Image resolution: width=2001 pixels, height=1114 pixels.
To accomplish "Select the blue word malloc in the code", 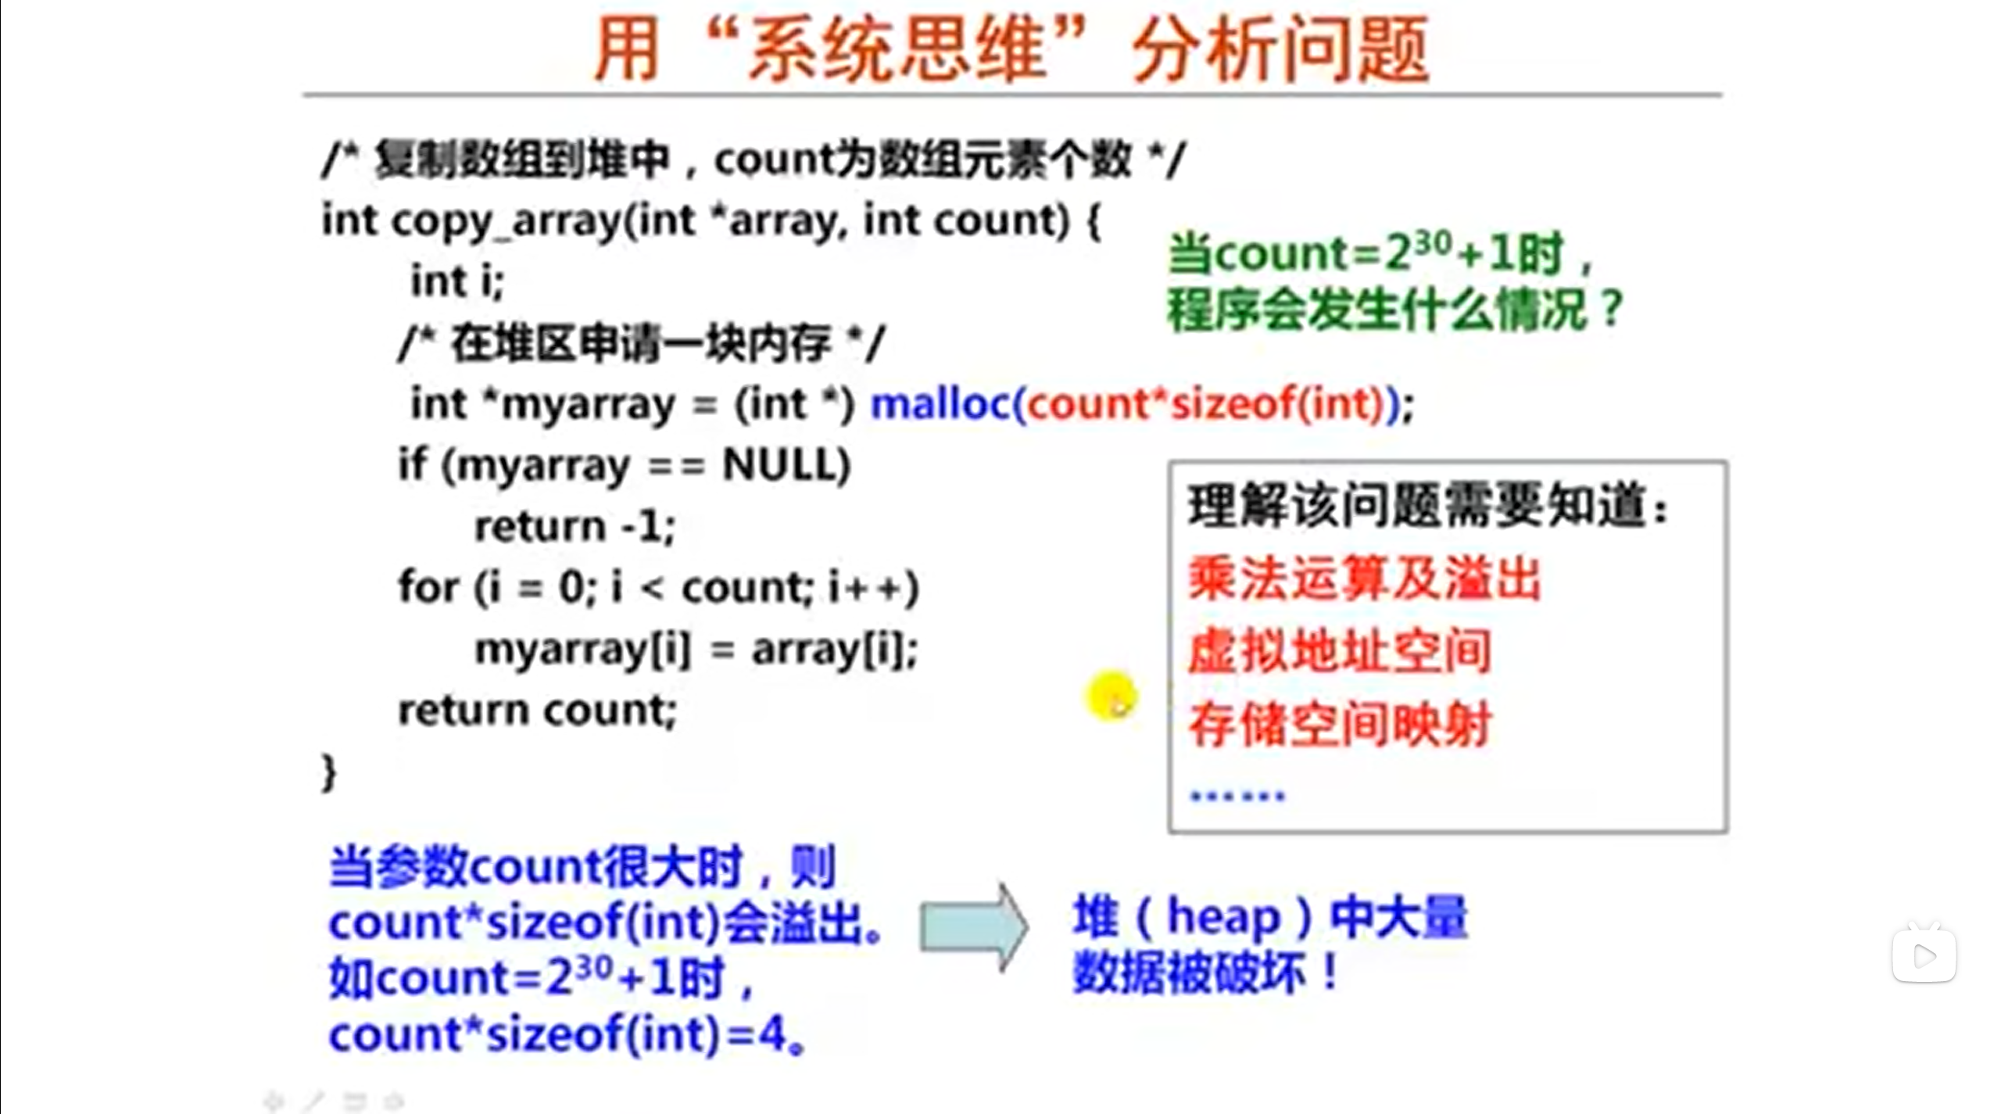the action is pyautogui.click(x=940, y=404).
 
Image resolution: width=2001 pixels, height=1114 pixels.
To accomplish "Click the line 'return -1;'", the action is pyautogui.click(x=575, y=526).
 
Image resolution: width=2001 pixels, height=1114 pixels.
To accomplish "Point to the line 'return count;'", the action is pyautogui.click(x=537, y=711).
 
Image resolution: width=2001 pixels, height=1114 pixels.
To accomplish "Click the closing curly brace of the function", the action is pyautogui.click(x=329, y=773).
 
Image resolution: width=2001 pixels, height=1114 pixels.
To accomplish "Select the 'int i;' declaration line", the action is pyautogui.click(x=457, y=281).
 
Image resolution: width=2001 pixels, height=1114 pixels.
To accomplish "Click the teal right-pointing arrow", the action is pyautogui.click(x=973, y=928).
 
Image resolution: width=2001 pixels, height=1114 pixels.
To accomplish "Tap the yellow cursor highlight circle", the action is pyautogui.click(x=1111, y=696).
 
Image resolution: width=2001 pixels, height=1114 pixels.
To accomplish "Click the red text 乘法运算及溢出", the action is pyautogui.click(x=1364, y=579).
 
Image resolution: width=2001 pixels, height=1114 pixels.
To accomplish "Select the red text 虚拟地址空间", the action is pyautogui.click(x=1339, y=651).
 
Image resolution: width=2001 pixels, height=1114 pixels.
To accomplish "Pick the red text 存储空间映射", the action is pyautogui.click(x=1340, y=725).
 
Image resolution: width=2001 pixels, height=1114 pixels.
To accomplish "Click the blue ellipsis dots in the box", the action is pyautogui.click(x=1237, y=796).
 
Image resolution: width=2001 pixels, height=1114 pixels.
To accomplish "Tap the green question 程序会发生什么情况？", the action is pyautogui.click(x=1395, y=310).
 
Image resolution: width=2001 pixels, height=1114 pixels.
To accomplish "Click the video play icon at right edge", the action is pyautogui.click(x=1924, y=955).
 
